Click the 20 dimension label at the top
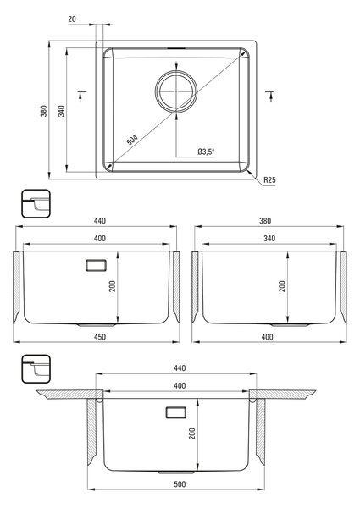point(72,19)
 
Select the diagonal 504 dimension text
point(132,140)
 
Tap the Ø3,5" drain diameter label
point(207,152)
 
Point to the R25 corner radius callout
point(269,179)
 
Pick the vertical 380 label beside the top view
point(44,111)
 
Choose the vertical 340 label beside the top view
point(61,111)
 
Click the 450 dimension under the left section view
point(100,337)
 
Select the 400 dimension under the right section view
point(267,337)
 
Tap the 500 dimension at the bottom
point(180,484)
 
